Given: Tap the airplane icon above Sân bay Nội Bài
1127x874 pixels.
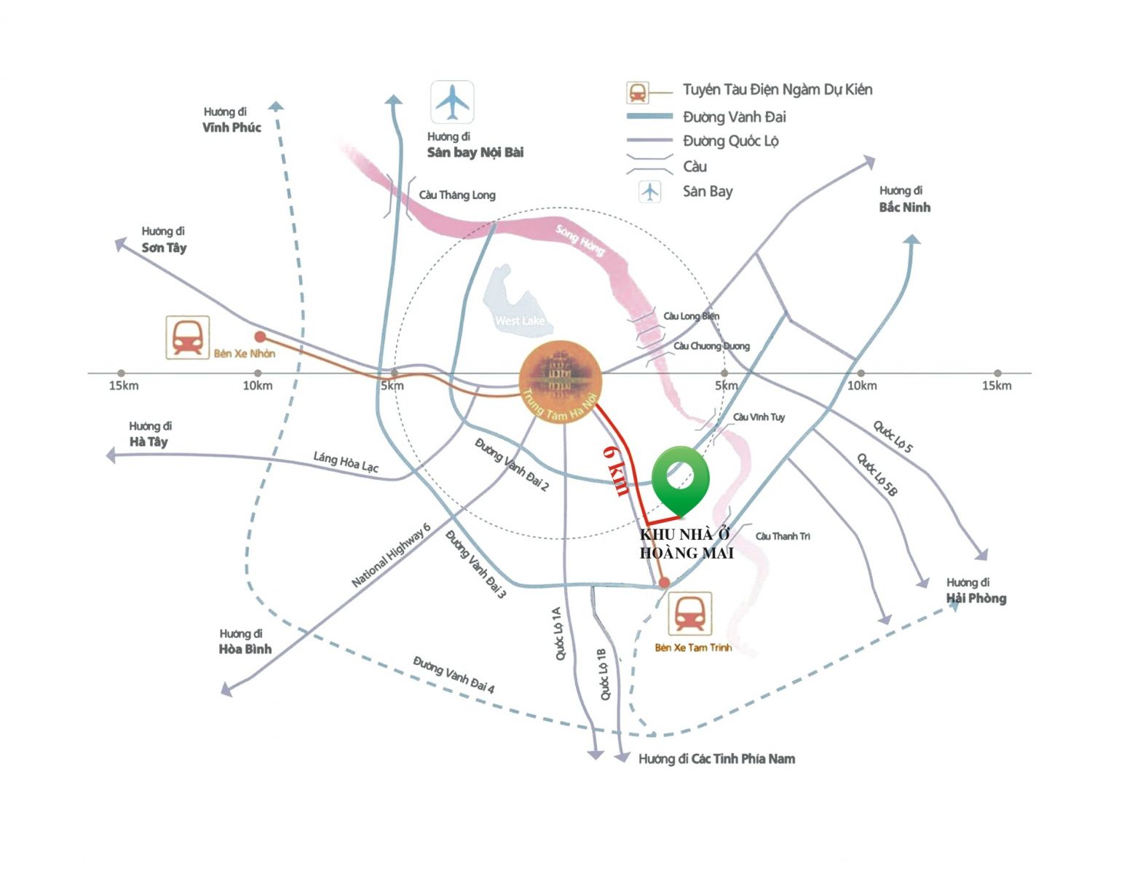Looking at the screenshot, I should click(x=452, y=103).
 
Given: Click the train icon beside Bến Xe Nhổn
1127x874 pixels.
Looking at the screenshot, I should click(x=188, y=337).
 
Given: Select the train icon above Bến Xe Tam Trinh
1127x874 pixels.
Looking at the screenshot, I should click(x=689, y=613).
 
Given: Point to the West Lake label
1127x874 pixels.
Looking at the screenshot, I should click(x=519, y=321).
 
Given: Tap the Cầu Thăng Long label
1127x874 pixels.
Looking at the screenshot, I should click(x=457, y=195).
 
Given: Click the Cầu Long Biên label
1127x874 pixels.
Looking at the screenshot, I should click(x=691, y=316).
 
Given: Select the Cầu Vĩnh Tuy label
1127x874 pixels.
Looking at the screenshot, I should click(x=759, y=417).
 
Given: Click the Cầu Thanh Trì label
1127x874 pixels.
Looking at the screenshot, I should click(x=783, y=536).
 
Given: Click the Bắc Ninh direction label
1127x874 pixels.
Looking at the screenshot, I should click(x=904, y=207).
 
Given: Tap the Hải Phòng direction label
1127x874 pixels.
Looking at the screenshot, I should click(x=976, y=598).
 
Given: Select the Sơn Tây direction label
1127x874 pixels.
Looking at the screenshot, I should click(x=164, y=248).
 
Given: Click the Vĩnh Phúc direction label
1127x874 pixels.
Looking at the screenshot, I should click(x=232, y=127).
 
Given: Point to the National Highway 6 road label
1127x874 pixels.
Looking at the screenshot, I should click(x=391, y=555).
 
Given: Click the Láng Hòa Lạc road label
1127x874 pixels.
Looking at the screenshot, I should click(x=346, y=462).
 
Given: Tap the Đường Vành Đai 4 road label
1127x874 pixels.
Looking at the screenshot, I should click(x=454, y=674).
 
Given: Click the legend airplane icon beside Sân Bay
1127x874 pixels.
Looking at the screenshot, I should click(x=649, y=192).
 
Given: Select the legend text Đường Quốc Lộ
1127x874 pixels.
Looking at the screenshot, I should click(x=730, y=141).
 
